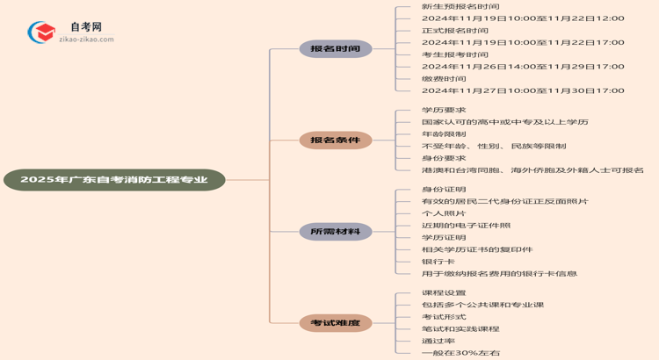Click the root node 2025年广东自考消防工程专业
click(114, 180)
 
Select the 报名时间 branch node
click(335, 49)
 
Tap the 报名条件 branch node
click(335, 140)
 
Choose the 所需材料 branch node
click(335, 232)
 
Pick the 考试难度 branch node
click(335, 323)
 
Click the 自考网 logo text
click(85, 27)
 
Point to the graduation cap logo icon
click(41, 33)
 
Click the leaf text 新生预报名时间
click(448, 6)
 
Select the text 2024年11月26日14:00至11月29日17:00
click(522, 66)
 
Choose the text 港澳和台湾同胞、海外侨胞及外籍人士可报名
click(532, 169)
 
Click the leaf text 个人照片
click(444, 213)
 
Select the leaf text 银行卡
click(438, 261)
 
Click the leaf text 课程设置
click(444, 292)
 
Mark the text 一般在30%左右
click(460, 353)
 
